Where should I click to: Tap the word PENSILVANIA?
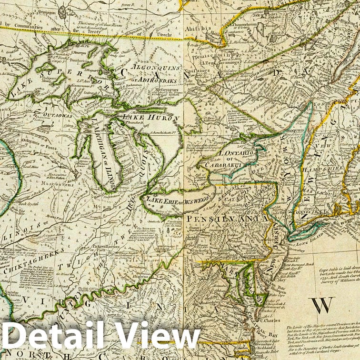coord(228,218)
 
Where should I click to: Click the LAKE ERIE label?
coord(162,202)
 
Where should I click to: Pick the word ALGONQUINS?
coord(156,68)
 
